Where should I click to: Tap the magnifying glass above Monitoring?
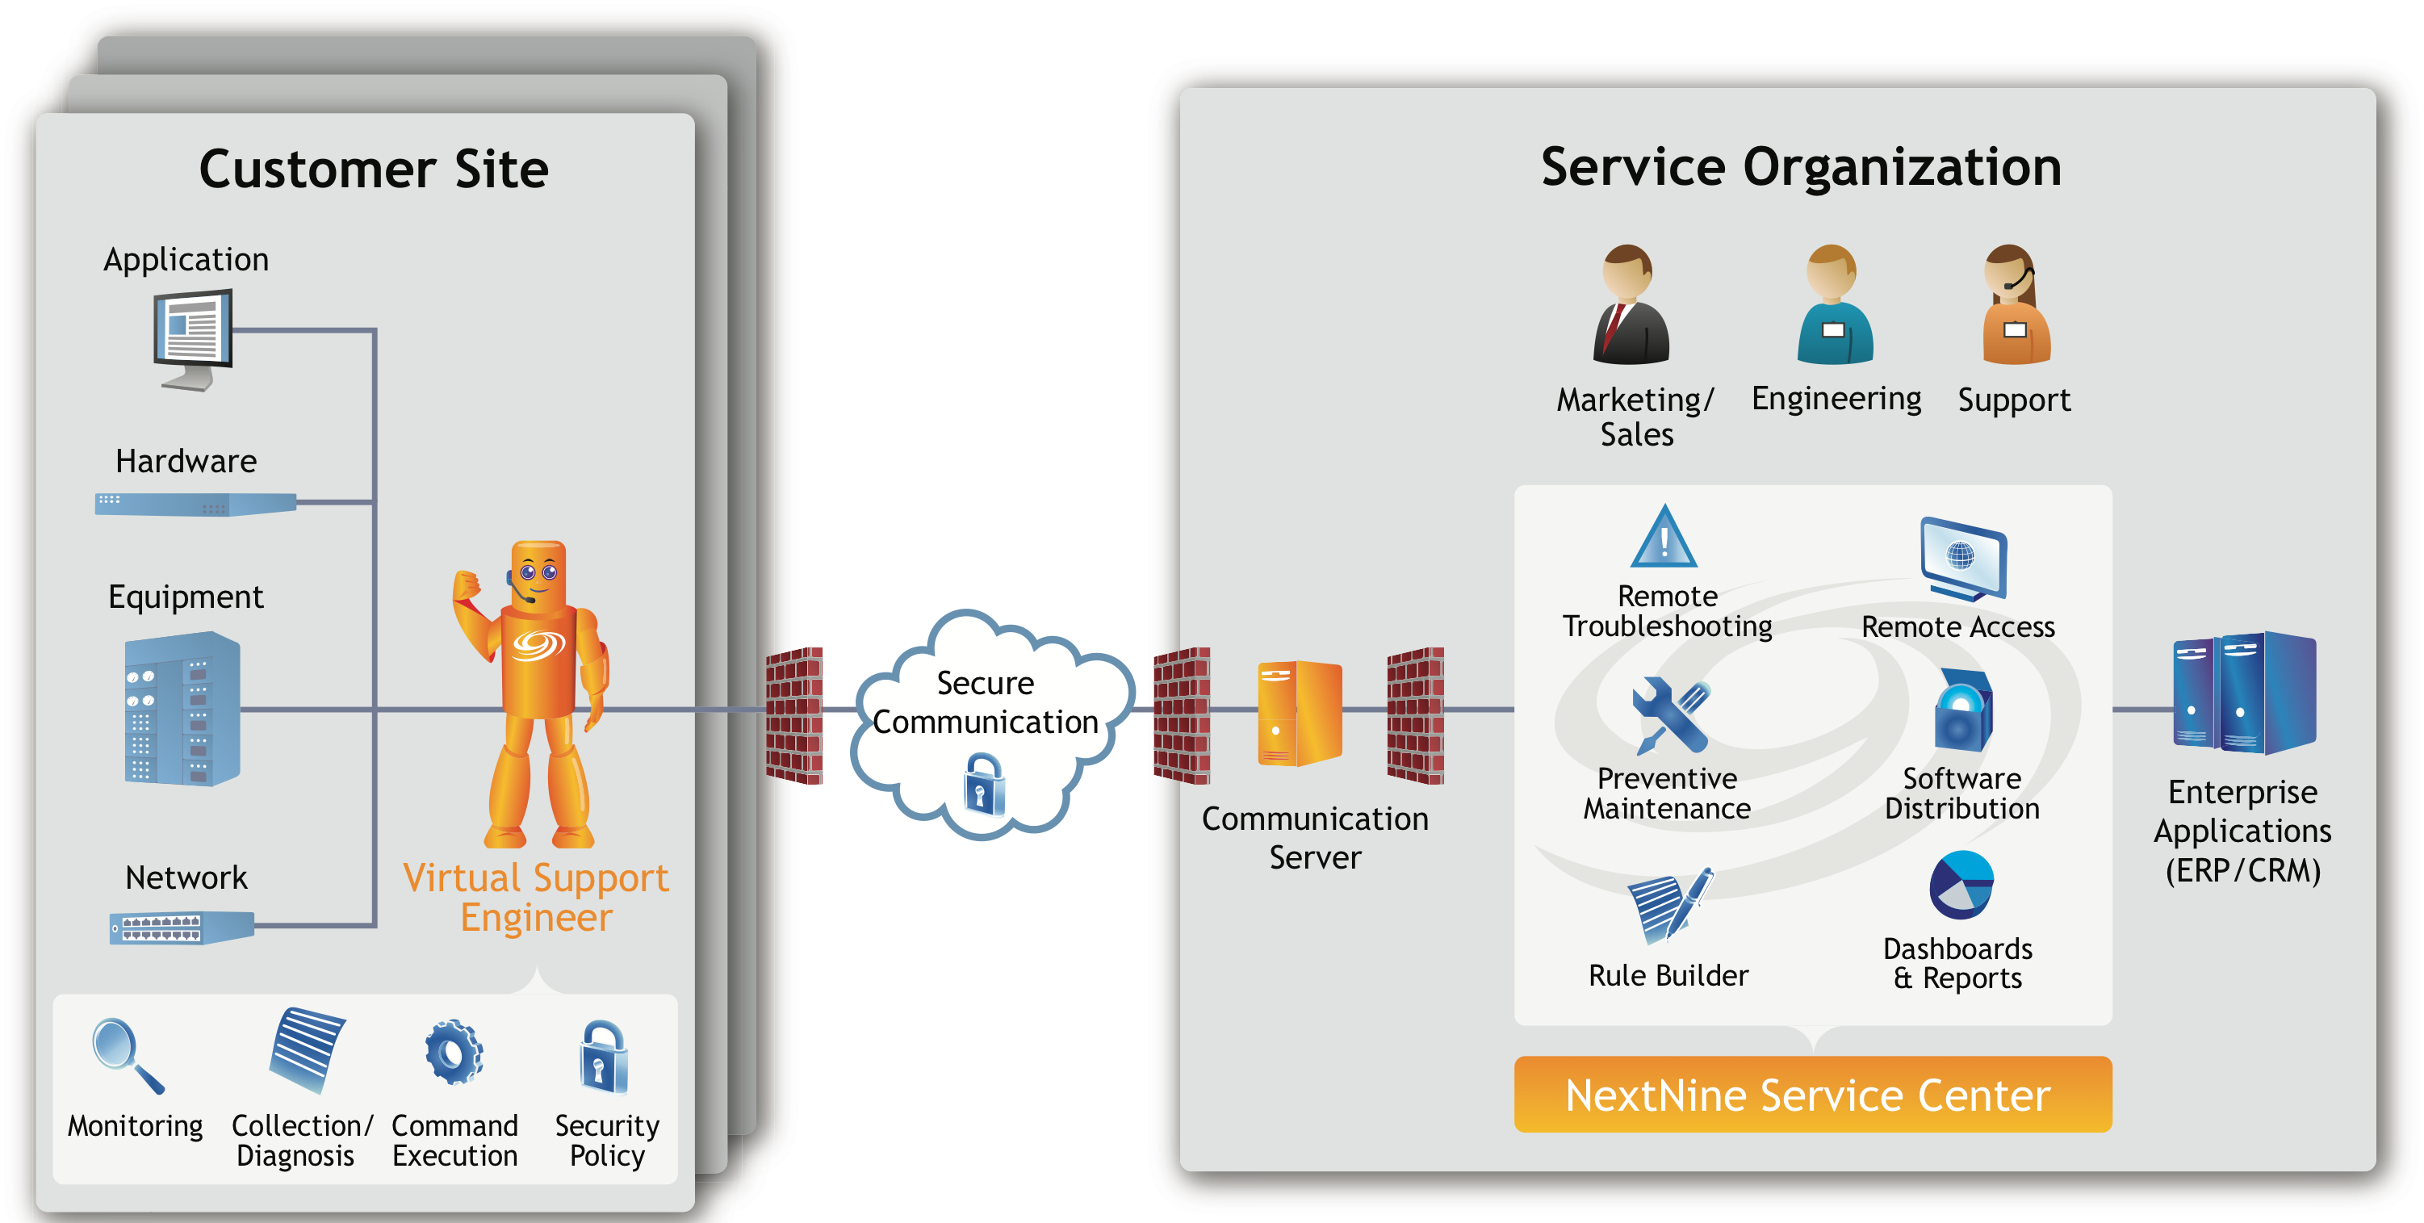(x=125, y=1053)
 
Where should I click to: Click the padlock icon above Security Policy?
(x=603, y=1058)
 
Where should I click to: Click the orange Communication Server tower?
(x=1299, y=713)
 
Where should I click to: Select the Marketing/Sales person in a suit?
(x=1630, y=306)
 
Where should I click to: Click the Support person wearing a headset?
(x=2016, y=306)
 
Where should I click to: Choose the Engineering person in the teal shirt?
(x=1834, y=306)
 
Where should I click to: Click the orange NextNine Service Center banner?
(x=1811, y=1094)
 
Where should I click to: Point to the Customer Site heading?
(x=374, y=170)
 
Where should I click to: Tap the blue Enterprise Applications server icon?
(x=2243, y=693)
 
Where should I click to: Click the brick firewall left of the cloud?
(x=794, y=715)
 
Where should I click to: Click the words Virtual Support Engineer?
(x=535, y=897)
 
